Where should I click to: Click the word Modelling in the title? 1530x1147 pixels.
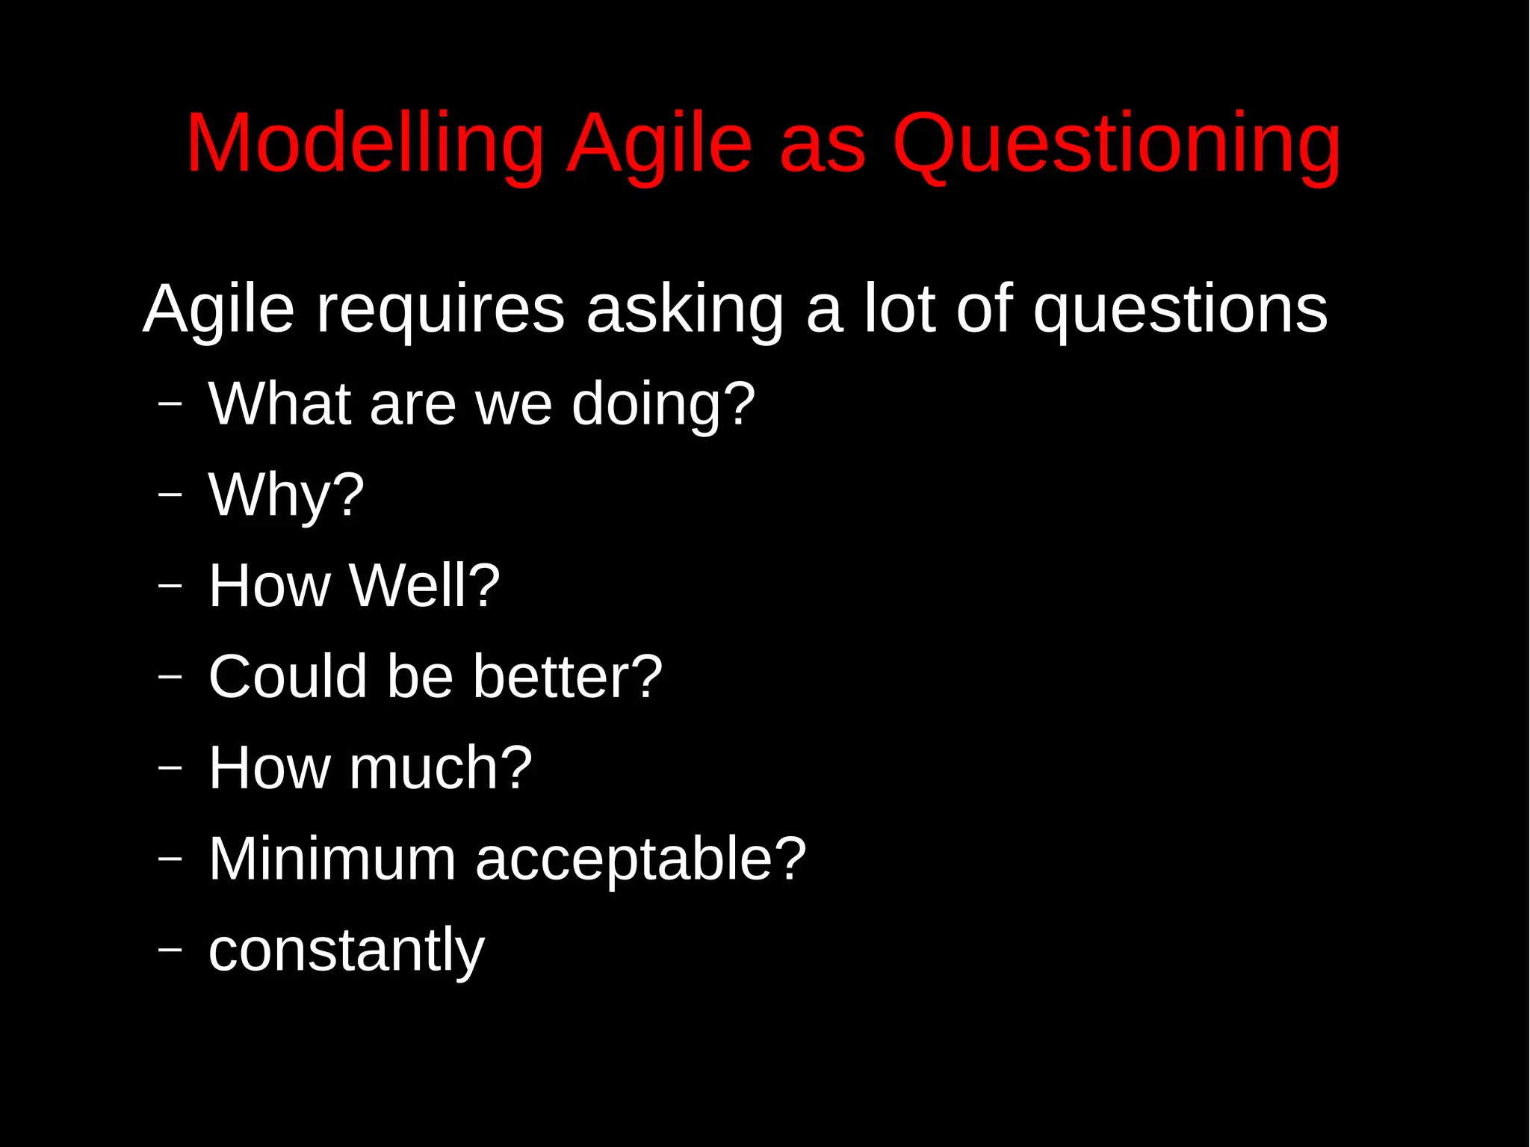click(365, 143)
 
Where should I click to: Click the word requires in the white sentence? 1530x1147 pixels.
click(441, 309)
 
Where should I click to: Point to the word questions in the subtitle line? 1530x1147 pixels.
click(1180, 309)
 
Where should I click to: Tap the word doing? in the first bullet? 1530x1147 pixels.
click(663, 404)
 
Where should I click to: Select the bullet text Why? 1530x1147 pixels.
click(286, 495)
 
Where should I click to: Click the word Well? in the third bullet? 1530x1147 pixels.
click(425, 586)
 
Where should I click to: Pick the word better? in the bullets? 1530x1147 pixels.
click(568, 677)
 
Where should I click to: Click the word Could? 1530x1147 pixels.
click(288, 677)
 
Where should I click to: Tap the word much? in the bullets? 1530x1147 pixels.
click(441, 768)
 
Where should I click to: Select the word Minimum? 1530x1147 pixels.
click(332, 859)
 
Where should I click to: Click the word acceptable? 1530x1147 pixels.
click(641, 859)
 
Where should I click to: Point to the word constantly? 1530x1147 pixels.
click(347, 950)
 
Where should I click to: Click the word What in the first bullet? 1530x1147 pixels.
click(279, 404)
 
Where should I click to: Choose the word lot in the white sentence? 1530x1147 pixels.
click(899, 309)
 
